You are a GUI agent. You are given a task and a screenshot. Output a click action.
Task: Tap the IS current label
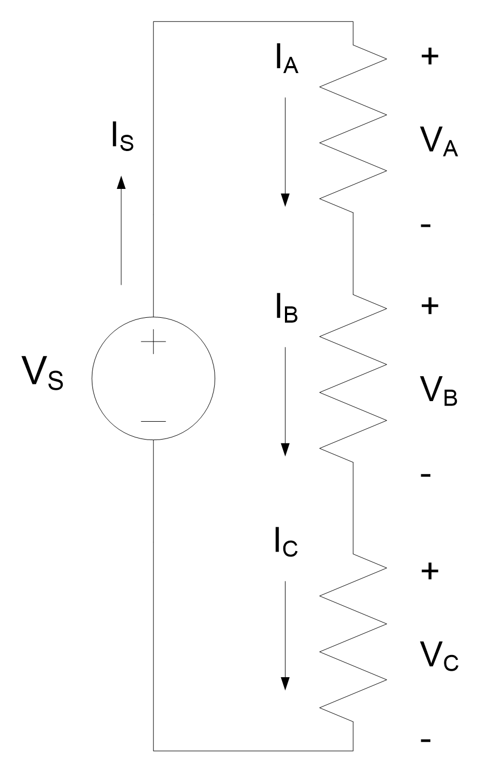coord(123,136)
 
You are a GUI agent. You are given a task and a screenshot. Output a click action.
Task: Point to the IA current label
coord(287,60)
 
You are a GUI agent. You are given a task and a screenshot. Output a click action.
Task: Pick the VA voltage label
coord(439,142)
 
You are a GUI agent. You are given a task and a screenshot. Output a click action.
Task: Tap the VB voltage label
coord(439,391)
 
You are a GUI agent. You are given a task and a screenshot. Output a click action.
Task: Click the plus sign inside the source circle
coord(154,342)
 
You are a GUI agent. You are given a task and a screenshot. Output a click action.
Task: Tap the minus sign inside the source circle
coord(154,421)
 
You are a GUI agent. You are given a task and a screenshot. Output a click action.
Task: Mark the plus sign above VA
coord(429,57)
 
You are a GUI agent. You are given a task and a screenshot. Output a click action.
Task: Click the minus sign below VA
coord(426,226)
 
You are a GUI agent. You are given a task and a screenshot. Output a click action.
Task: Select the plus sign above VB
coord(429,306)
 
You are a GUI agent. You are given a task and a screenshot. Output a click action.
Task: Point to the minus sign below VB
coord(426,475)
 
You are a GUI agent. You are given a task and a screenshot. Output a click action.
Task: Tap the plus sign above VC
coord(429,571)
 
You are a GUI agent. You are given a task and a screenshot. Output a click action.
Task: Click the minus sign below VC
coord(426,741)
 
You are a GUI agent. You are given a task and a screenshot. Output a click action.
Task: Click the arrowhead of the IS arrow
coord(121,182)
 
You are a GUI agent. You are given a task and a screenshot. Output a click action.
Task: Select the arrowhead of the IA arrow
coord(285,200)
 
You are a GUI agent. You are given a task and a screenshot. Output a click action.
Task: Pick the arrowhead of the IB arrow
coord(285,450)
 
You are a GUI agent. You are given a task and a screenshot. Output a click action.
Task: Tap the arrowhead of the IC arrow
coord(285,684)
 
